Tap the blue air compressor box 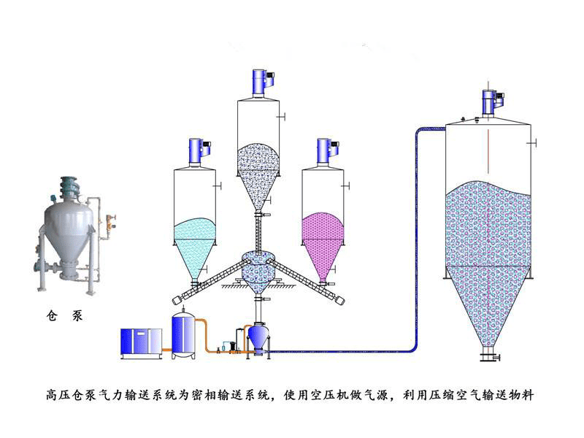point(142,343)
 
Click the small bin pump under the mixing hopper point(258,339)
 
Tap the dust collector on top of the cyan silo point(195,151)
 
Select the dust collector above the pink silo point(323,151)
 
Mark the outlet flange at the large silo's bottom point(488,357)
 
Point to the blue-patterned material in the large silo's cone point(488,299)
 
